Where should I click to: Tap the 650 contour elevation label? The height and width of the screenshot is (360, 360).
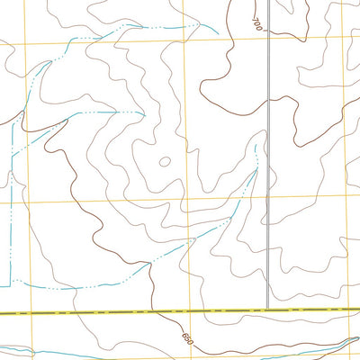187,340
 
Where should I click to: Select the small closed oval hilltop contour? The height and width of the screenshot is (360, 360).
164,163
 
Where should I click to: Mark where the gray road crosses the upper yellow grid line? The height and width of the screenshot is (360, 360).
268,38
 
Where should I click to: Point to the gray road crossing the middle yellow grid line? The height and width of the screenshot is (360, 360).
267,199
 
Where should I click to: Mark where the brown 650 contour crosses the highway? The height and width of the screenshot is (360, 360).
159,311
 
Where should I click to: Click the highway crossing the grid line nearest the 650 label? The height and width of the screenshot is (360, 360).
185,310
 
